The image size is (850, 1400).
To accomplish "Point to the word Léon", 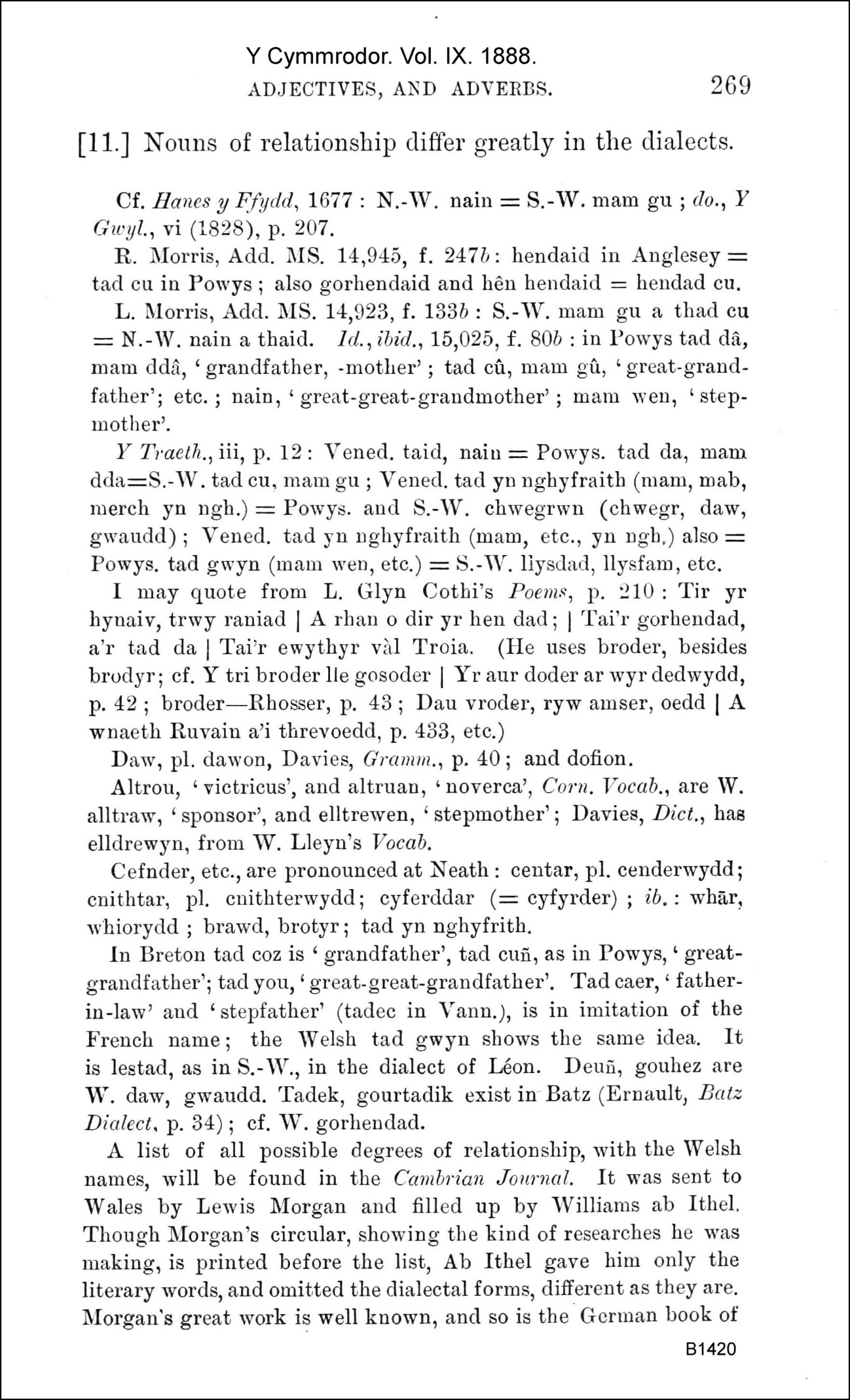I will (517, 1066).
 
